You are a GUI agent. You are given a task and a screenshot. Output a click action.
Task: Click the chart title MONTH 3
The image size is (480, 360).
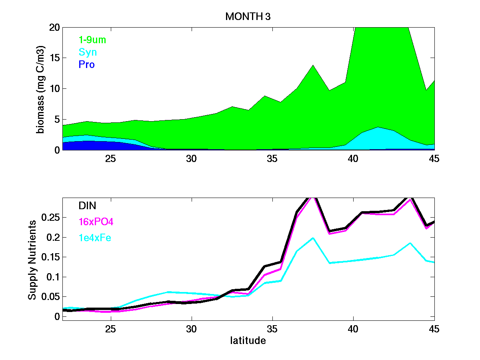click(x=248, y=16)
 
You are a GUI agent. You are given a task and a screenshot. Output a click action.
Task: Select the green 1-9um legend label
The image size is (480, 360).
click(x=92, y=40)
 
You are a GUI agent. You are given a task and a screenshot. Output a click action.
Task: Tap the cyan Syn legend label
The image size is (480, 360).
click(x=88, y=52)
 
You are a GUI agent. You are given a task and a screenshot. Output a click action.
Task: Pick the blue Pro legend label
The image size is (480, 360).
click(x=86, y=64)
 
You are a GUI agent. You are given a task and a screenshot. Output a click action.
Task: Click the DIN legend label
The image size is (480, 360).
click(x=87, y=206)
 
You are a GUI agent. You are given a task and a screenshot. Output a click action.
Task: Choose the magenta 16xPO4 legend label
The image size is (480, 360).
click(x=96, y=222)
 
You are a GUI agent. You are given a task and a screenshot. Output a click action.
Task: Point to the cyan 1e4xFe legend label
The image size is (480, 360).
click(x=95, y=238)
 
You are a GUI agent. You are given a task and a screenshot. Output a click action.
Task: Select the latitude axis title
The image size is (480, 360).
click(x=248, y=341)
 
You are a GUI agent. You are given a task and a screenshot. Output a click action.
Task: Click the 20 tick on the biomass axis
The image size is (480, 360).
click(x=55, y=27)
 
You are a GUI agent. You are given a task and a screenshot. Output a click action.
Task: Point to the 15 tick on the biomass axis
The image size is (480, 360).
click(x=55, y=58)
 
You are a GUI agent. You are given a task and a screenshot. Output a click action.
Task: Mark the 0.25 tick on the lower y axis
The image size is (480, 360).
click(x=50, y=218)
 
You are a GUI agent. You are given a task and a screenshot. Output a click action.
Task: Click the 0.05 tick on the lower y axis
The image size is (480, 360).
click(x=50, y=297)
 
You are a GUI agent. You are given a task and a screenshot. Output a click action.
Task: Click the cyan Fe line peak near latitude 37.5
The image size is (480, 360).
click(x=313, y=238)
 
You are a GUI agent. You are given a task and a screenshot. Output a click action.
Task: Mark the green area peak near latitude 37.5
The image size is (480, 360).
click(x=313, y=65)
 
